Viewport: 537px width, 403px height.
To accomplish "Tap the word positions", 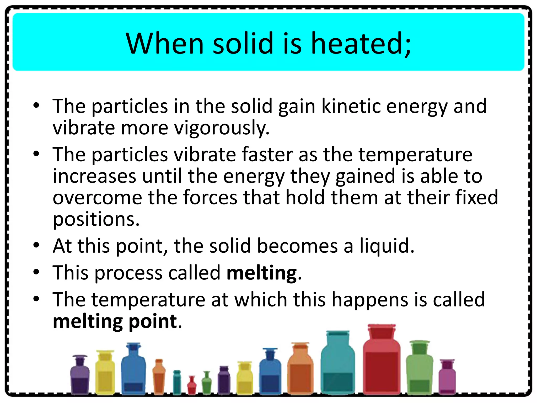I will pos(96,220).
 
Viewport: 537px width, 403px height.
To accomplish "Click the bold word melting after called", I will pos(262,273).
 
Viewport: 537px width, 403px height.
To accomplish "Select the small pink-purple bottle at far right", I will pos(447,378).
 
